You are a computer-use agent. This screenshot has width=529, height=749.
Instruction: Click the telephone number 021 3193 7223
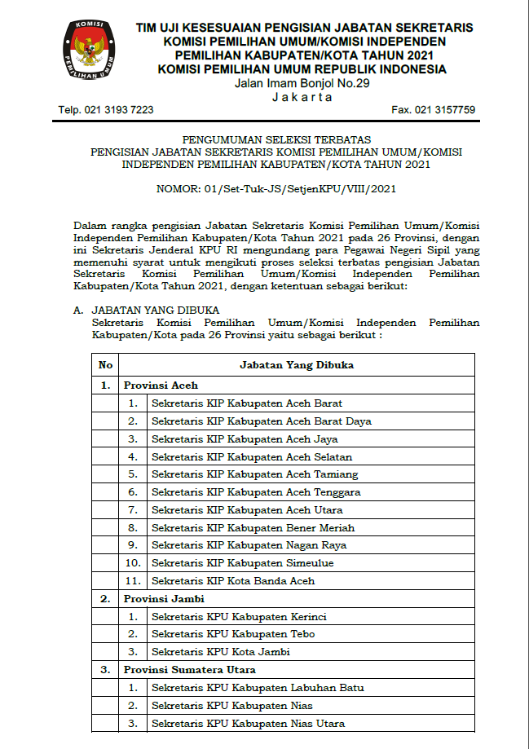(x=106, y=110)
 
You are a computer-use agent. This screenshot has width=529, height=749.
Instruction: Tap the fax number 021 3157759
(x=433, y=110)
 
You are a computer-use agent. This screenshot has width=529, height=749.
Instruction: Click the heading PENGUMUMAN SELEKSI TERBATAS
(x=276, y=140)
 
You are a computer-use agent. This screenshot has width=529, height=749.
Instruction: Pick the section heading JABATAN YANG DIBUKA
(x=155, y=311)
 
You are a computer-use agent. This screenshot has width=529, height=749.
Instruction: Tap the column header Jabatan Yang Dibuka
(x=297, y=365)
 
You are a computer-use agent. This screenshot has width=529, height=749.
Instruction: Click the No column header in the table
(x=106, y=365)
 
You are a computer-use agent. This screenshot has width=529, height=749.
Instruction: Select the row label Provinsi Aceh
(x=161, y=385)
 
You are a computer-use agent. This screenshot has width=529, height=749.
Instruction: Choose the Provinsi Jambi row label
(x=163, y=599)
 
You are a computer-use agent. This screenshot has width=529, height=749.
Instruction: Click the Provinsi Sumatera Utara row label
(x=190, y=670)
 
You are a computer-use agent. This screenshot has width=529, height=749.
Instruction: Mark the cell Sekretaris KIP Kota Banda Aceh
(x=233, y=581)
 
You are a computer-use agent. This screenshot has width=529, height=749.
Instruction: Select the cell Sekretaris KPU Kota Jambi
(x=221, y=652)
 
